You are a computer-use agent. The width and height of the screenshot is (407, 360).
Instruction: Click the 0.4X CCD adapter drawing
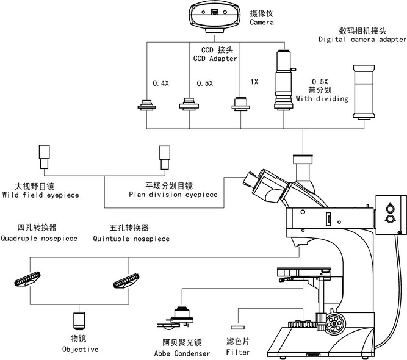click(146, 105)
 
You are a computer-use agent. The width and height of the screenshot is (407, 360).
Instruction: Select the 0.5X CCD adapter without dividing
click(189, 104)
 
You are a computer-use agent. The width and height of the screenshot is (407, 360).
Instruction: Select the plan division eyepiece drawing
click(165, 157)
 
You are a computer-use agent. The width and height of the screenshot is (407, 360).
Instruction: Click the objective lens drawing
click(79, 320)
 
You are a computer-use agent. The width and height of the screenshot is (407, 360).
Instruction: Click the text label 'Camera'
click(262, 22)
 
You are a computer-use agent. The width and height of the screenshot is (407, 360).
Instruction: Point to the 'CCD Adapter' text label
click(216, 59)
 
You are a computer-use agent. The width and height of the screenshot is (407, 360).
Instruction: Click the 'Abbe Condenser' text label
click(182, 353)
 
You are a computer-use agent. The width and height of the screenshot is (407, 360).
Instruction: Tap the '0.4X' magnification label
click(160, 84)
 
